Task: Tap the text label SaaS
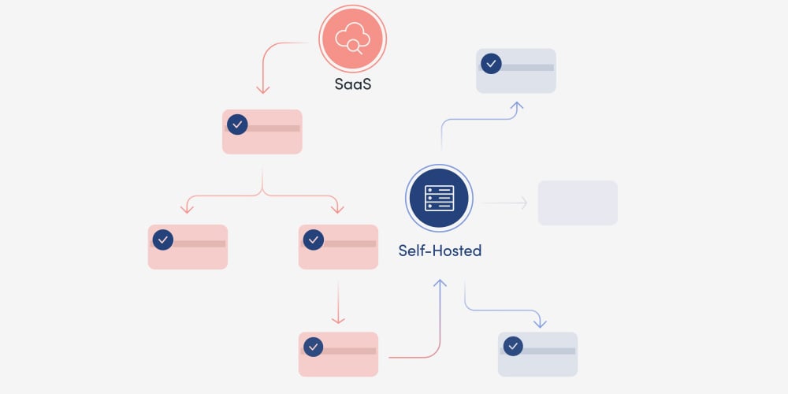(352, 84)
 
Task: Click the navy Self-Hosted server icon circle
(439, 199)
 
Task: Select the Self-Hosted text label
(440, 251)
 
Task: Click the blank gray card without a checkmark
(578, 203)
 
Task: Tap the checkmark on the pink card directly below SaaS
(237, 125)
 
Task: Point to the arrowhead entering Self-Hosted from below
(440, 283)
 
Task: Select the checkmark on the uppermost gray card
(491, 64)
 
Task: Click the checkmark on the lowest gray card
(513, 347)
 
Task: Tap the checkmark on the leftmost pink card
(162, 240)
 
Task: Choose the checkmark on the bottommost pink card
(313, 347)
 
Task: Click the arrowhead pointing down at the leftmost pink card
(187, 209)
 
